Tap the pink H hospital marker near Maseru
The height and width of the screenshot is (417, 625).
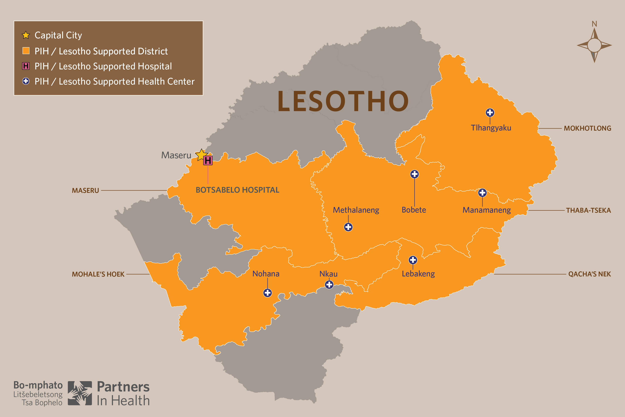[x=208, y=160]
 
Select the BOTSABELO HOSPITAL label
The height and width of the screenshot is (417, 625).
[x=237, y=190]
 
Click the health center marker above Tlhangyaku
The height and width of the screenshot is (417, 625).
[x=490, y=112]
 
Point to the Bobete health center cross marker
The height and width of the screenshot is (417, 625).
[x=414, y=174]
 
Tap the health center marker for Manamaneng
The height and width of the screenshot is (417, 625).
[x=482, y=192]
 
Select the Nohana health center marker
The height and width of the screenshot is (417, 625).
[x=267, y=293]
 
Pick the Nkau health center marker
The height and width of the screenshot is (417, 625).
[x=329, y=285]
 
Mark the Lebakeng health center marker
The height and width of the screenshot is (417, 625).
[x=413, y=260]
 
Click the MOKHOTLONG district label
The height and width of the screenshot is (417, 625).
[x=587, y=128]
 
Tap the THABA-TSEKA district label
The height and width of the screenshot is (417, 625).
[x=588, y=210]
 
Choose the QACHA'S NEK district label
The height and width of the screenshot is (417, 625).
[x=589, y=274]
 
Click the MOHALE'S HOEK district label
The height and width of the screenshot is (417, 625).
[x=98, y=274]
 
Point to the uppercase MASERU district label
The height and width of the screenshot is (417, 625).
[x=85, y=190]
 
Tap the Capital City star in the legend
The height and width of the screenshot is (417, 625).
[x=26, y=35]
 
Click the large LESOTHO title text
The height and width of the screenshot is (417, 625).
[x=343, y=101]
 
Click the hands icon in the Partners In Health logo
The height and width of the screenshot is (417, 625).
[x=80, y=393]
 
